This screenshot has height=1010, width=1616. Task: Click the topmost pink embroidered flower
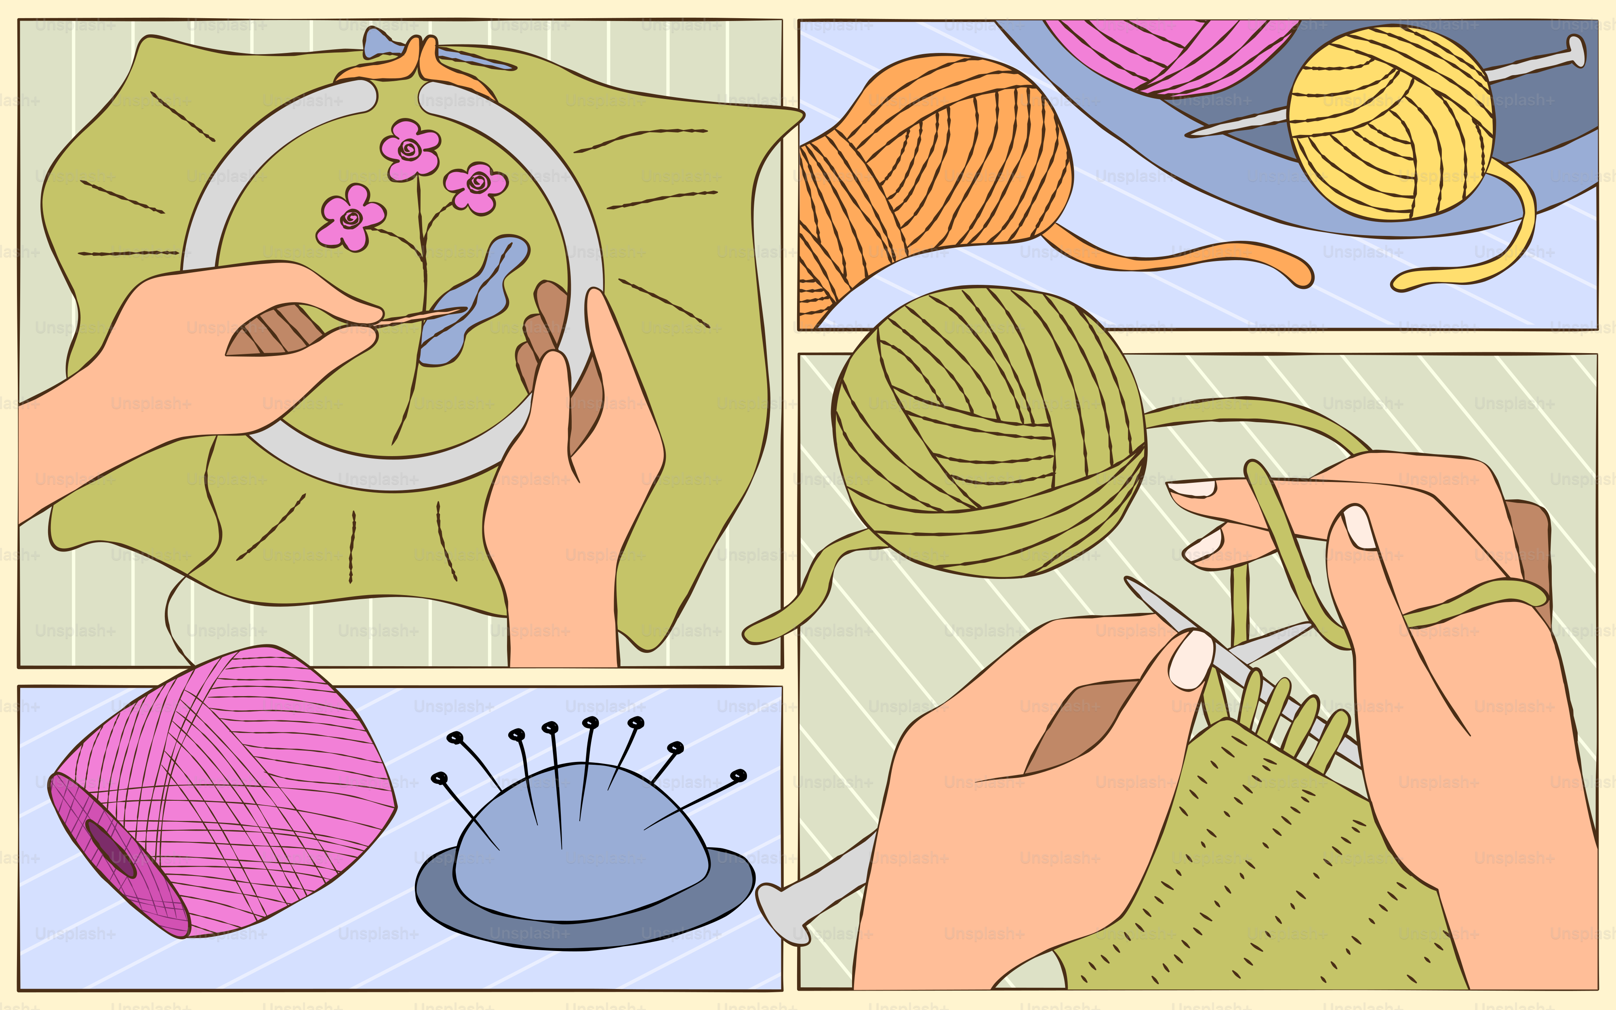[x=409, y=149]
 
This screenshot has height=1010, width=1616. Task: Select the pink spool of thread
[x=227, y=788]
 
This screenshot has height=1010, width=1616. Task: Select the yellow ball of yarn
[x=1389, y=124]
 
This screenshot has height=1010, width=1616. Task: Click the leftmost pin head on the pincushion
[x=439, y=778]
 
